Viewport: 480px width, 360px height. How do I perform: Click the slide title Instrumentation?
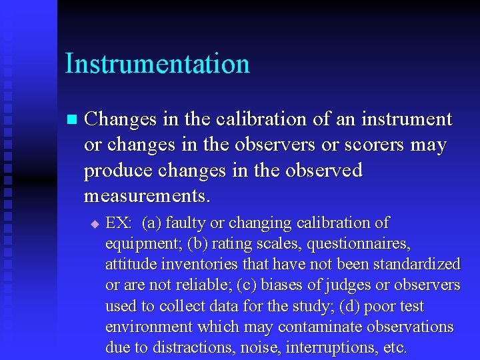(157, 64)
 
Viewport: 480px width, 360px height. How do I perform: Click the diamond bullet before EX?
(94, 224)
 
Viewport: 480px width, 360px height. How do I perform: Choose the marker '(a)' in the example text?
(153, 223)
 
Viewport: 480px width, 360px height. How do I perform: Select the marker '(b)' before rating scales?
(198, 243)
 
